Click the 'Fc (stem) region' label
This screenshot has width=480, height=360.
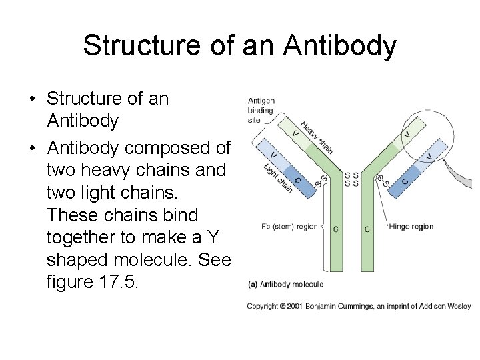289,227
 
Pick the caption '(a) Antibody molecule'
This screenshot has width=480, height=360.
285,283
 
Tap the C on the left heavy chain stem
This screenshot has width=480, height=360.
336,229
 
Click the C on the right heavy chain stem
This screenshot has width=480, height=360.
367,229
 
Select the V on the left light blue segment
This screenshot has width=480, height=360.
274,155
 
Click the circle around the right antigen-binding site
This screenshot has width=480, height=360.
426,136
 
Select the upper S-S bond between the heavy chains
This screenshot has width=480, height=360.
351,175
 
